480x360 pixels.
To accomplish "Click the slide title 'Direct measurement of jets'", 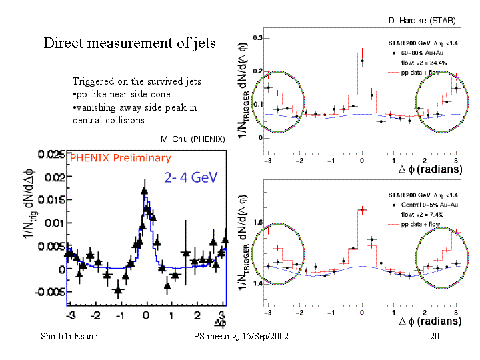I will pos(129,43).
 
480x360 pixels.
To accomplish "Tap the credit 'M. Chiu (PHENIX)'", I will pos(193,139).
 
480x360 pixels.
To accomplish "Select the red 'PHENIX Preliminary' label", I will pos(120,158).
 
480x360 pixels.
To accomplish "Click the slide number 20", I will pos(435,337).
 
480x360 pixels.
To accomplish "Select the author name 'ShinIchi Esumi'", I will pos(69,337).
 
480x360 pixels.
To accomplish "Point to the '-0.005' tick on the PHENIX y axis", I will pos(50,292).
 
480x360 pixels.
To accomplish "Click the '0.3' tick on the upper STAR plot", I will pos(257,38).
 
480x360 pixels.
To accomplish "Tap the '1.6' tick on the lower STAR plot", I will pos(257,222).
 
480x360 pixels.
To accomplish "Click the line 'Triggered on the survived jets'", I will pos(137,81).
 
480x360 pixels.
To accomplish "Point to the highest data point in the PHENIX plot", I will pos(144,191).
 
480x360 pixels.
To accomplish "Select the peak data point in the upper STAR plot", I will pos(362,61).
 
